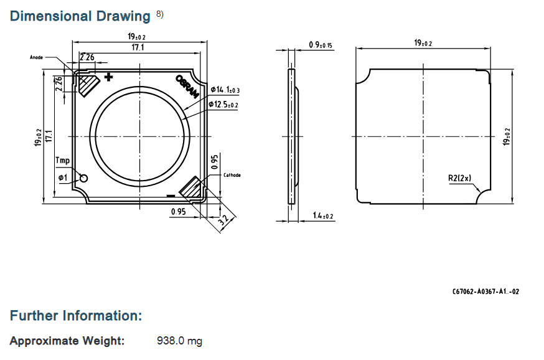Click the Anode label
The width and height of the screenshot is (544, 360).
point(37,57)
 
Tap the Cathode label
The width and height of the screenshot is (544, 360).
point(232,175)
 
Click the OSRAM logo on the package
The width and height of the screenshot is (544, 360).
point(187,87)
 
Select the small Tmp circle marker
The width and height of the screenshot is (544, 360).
point(83,178)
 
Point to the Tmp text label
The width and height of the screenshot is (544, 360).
point(62,160)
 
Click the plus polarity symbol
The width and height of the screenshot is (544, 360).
point(108,77)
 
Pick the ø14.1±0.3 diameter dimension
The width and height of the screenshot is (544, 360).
point(225,90)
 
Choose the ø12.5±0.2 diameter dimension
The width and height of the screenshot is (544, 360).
point(223,105)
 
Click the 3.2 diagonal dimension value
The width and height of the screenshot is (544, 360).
point(224,219)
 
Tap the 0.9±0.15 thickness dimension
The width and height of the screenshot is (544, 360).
point(320,45)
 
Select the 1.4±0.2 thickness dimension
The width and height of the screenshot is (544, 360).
point(322,216)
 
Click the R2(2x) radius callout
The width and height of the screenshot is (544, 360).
point(460,178)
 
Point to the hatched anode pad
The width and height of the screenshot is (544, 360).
point(88,85)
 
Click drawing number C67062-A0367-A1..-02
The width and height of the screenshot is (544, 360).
point(485,291)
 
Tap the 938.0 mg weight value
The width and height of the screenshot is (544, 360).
point(179,341)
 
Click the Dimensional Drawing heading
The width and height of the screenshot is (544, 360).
point(80,16)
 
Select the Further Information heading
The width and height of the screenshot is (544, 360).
point(76,316)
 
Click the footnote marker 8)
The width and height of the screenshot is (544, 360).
point(159,14)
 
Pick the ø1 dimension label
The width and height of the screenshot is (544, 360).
point(63,178)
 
